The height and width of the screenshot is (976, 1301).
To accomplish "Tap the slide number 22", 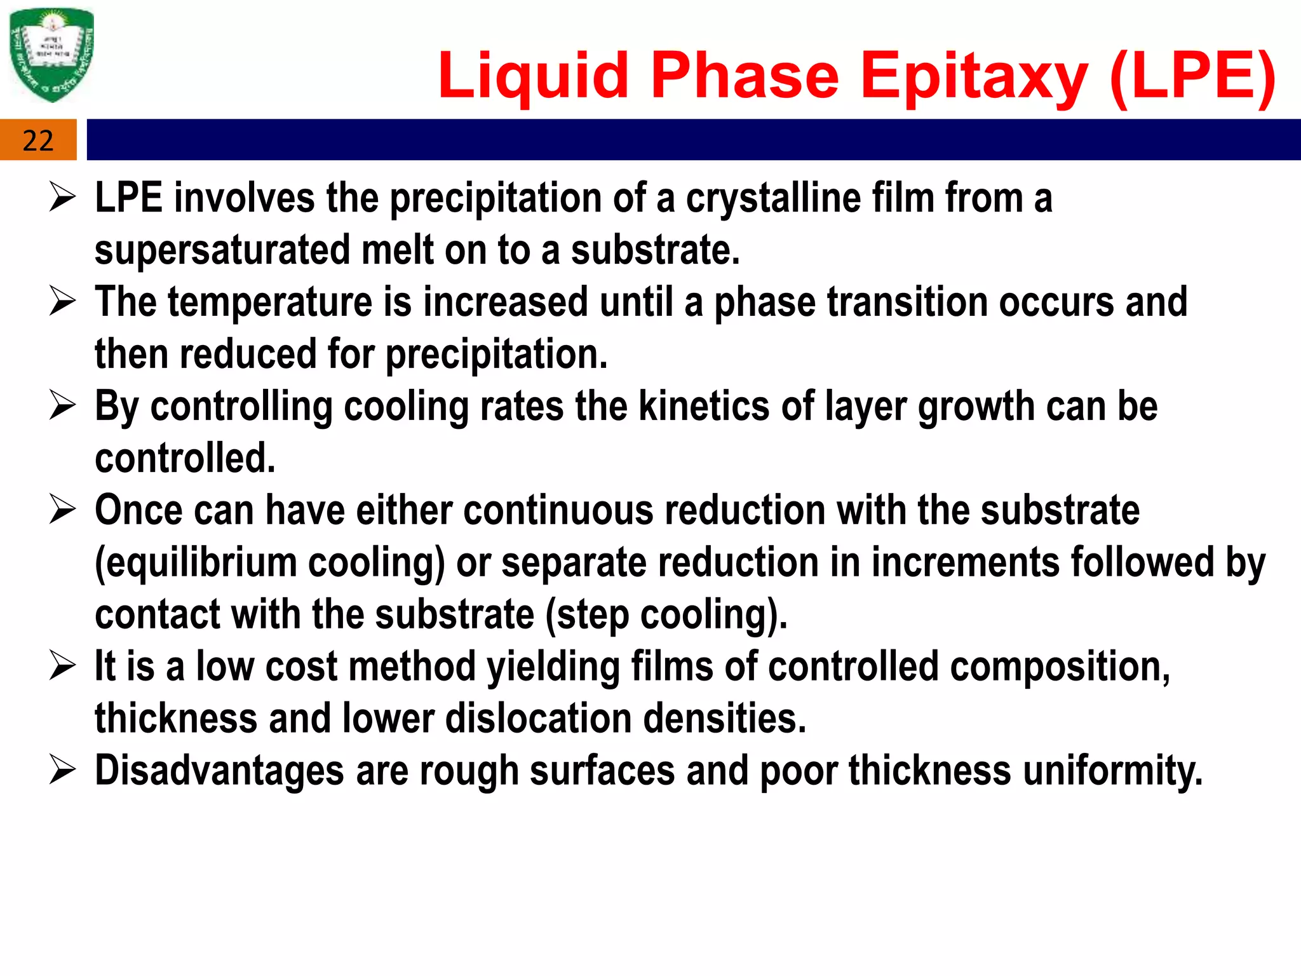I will click(38, 140).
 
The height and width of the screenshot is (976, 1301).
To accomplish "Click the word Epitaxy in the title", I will click(974, 76).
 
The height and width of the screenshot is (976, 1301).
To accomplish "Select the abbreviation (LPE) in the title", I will click(1193, 76).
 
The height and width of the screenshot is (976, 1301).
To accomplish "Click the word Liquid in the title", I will click(533, 76).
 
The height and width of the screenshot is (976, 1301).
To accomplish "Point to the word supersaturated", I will click(222, 250).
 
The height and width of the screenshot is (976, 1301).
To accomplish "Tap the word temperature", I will click(270, 302).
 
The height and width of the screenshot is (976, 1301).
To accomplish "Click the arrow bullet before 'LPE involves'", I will click(63, 198).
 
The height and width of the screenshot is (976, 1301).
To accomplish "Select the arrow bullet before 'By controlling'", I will click(63, 406).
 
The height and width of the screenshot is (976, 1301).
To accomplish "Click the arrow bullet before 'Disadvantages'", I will click(63, 771).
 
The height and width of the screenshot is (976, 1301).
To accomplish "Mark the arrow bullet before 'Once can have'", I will click(63, 510).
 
